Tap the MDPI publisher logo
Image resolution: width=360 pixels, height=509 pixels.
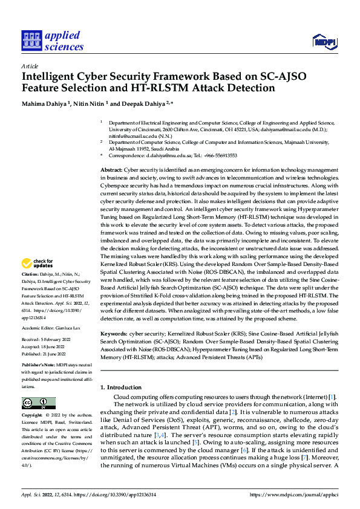coord(324,41)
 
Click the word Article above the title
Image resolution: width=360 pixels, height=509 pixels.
coord(30,65)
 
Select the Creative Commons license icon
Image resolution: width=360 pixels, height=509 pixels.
coord(38,403)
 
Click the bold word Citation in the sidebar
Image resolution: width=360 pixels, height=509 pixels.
coord(31,274)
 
